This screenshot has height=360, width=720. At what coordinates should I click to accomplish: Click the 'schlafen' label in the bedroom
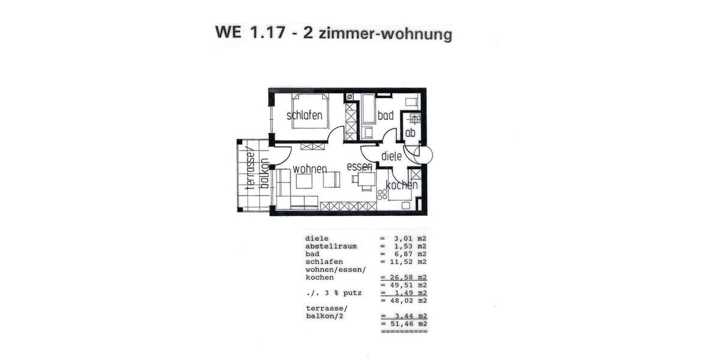[x=305, y=115]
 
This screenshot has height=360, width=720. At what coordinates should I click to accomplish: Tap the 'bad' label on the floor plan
[x=385, y=115]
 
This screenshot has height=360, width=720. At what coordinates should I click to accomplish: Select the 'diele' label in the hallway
[x=391, y=156]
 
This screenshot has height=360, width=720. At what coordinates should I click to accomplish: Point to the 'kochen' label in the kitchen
[x=401, y=185]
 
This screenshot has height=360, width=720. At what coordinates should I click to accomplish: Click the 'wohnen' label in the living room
[x=310, y=169]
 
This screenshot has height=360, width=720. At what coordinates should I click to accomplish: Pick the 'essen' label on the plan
[x=359, y=167]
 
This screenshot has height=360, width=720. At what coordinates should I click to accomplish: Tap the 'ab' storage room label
[x=410, y=133]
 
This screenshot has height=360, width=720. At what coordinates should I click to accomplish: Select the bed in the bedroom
[x=310, y=110]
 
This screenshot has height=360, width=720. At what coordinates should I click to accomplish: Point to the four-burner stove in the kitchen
[x=382, y=194]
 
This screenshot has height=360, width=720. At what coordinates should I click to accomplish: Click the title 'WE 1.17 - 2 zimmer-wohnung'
[x=333, y=33]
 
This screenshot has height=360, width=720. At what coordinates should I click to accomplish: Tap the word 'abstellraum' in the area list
[x=331, y=246]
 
